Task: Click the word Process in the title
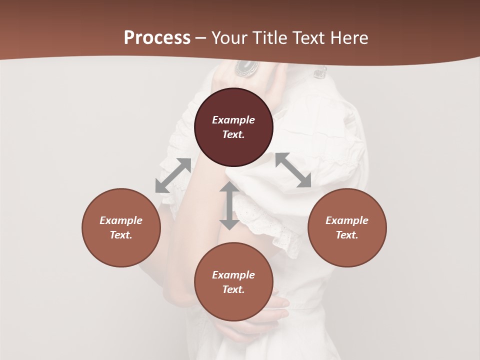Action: click(x=157, y=38)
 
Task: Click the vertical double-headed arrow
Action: click(x=229, y=205)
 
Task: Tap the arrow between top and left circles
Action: click(x=173, y=175)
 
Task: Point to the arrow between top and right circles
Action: click(x=293, y=170)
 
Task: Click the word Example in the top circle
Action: click(x=233, y=120)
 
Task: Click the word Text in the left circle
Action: click(x=121, y=235)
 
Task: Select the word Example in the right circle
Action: click(x=347, y=220)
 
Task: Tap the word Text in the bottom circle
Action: click(x=233, y=289)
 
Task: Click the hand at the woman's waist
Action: click(x=272, y=310)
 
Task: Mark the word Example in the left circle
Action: click(x=121, y=220)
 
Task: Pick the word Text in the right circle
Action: click(x=347, y=235)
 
